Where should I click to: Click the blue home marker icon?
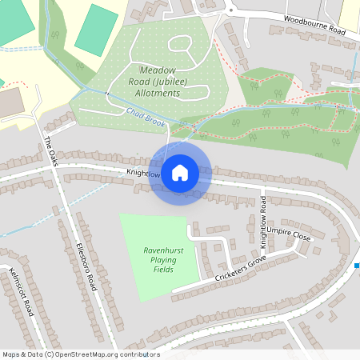180,171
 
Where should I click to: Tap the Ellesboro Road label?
86,266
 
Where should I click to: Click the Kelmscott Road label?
20,292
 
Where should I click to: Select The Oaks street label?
52,148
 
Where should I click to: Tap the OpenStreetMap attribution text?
80,354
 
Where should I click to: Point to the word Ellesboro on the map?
81,254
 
